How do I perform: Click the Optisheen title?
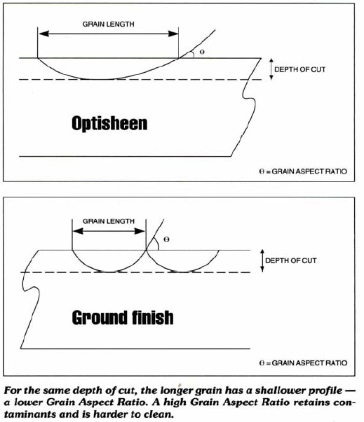pyautogui.click(x=109, y=124)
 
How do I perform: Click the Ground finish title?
pyautogui.click(x=123, y=317)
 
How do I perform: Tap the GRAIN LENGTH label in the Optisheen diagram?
pyautogui.click(x=109, y=24)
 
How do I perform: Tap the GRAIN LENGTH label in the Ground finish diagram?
pyautogui.click(x=109, y=221)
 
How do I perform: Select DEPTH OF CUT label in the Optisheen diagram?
pyautogui.click(x=300, y=69)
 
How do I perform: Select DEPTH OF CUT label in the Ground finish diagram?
pyautogui.click(x=291, y=260)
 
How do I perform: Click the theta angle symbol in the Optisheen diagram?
pyautogui.click(x=202, y=52)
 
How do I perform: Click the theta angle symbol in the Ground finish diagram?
pyautogui.click(x=166, y=239)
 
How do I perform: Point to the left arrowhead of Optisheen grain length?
pyautogui.click(x=44, y=34)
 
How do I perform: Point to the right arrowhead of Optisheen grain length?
pyautogui.click(x=173, y=34)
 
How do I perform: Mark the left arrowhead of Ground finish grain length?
pyautogui.click(x=78, y=231)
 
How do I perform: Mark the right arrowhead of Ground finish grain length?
pyautogui.click(x=140, y=231)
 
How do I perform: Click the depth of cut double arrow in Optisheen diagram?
pyautogui.click(x=271, y=69)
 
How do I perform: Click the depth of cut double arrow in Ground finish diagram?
pyautogui.click(x=262, y=260)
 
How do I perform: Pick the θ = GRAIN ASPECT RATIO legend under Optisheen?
pyautogui.click(x=303, y=171)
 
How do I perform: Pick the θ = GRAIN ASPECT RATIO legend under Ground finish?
pyautogui.click(x=303, y=363)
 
